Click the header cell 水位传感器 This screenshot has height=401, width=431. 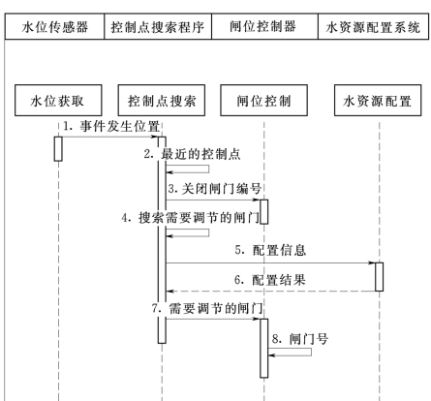[54, 26]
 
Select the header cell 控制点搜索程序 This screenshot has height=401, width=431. [158, 26]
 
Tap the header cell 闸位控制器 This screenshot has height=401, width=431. [264, 26]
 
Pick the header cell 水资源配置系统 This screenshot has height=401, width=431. [374, 26]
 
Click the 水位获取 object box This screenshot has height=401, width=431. [58, 101]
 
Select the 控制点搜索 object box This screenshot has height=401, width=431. [162, 101]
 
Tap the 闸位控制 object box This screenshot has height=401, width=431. [263, 101]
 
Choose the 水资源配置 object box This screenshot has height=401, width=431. [378, 101]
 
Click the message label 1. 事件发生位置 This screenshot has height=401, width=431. [111, 126]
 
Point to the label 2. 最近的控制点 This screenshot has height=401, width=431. [193, 154]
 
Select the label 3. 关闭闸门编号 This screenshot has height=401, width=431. [215, 189]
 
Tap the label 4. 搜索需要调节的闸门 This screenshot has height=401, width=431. [191, 218]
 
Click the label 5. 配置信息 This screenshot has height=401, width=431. [270, 250]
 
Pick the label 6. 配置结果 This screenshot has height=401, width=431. [270, 280]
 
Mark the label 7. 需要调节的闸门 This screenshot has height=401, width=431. [207, 308]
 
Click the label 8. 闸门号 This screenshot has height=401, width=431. [300, 339]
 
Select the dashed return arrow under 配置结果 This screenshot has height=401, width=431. [270, 292]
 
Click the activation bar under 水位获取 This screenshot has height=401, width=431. [58, 149]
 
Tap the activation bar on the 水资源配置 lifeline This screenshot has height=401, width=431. [380, 277]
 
